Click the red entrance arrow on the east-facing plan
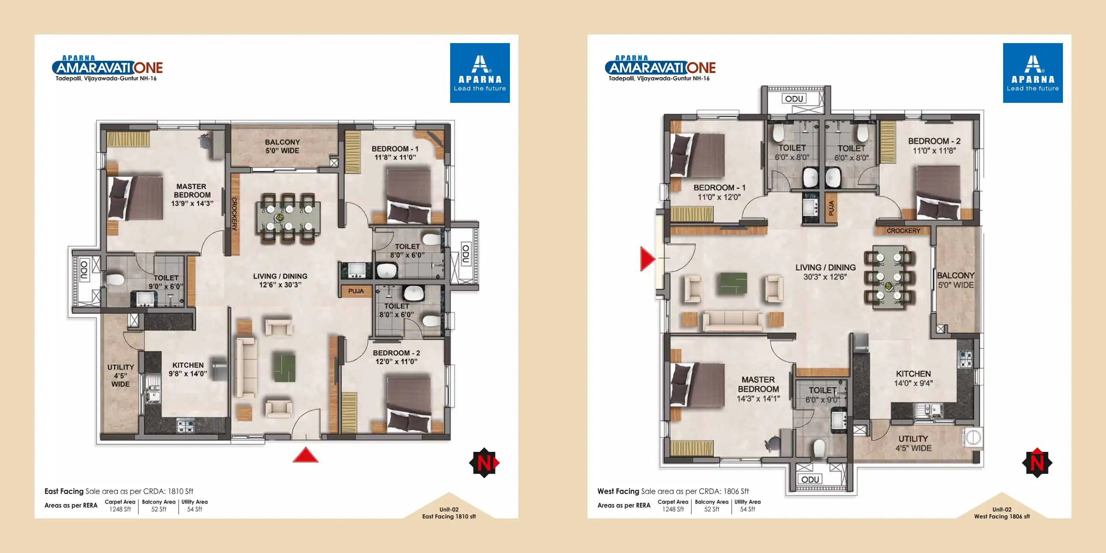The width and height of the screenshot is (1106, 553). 306,455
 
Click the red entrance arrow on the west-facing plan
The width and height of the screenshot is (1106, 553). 647,259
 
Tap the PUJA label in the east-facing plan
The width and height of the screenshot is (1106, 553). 356,291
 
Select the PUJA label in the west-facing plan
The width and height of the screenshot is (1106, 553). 831,208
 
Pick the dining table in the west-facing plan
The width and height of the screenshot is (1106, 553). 889,276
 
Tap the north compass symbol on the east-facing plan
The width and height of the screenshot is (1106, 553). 484,463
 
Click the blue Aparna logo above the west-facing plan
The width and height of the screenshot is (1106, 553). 1033,73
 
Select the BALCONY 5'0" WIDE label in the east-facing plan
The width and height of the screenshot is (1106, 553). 282,146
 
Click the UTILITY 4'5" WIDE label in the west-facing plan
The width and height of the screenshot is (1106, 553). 913,443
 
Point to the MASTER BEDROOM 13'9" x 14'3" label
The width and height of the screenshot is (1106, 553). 192,195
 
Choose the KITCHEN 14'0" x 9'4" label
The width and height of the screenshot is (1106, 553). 913,378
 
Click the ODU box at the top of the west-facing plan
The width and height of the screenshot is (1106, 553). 794,99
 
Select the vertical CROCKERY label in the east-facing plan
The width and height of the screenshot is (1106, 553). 234,214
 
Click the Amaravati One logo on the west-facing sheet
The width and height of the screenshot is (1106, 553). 661,68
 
